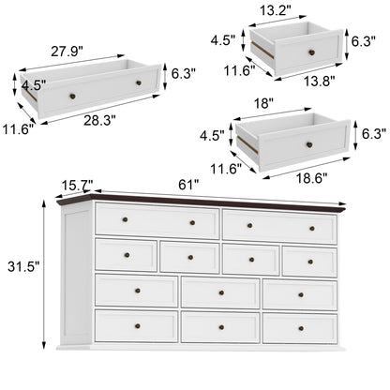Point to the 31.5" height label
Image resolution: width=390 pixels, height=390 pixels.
pyautogui.click(x=22, y=266)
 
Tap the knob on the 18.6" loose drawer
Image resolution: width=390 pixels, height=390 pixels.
pyautogui.click(x=308, y=143)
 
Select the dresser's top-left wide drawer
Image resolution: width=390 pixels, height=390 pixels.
pyautogui.click(x=157, y=221)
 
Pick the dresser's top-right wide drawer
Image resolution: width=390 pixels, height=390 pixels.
pyautogui.click(x=278, y=226)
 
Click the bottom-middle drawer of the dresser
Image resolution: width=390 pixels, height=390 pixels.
pyautogui.click(x=220, y=327)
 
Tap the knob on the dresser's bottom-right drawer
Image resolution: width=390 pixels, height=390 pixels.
pyautogui.click(x=312, y=327)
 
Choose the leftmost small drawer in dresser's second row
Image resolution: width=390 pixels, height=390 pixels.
pyautogui.click(x=126, y=255)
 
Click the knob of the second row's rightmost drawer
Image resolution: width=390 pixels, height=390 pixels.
pyautogui.click(x=312, y=261)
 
